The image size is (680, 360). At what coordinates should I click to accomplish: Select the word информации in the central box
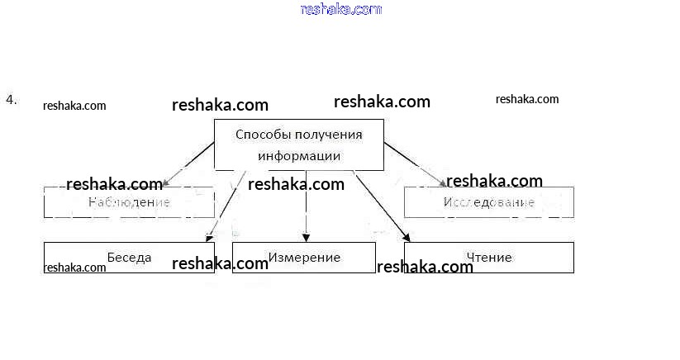pyautogui.click(x=298, y=155)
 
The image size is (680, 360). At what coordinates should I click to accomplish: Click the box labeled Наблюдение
pyautogui.click(x=128, y=202)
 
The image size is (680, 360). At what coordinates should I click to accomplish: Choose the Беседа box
pyautogui.click(x=129, y=257)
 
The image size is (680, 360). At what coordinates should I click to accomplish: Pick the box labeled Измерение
pyautogui.click(x=303, y=257)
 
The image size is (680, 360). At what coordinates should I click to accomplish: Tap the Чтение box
pyautogui.click(x=488, y=257)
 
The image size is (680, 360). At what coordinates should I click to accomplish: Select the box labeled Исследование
pyautogui.click(x=488, y=202)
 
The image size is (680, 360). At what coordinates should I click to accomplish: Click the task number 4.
pyautogui.click(x=11, y=100)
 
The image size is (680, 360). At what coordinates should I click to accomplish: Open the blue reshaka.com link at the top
pyautogui.click(x=341, y=10)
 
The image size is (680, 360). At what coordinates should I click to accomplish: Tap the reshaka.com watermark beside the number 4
pyautogui.click(x=74, y=106)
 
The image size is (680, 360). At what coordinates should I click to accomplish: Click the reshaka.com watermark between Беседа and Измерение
pyautogui.click(x=220, y=264)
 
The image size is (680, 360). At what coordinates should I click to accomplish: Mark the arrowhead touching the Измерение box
pyautogui.click(x=306, y=238)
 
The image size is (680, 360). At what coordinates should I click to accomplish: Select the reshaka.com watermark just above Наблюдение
pyautogui.click(x=114, y=183)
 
